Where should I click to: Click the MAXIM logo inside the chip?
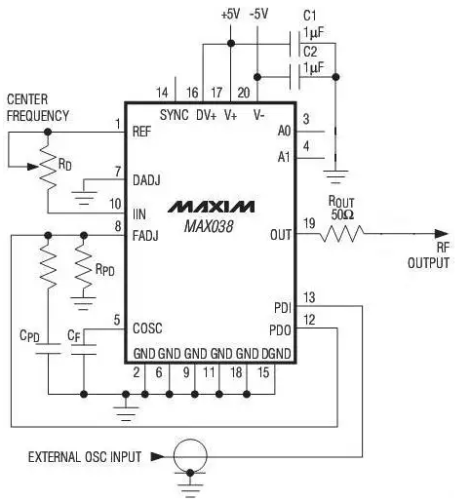(x=211, y=207)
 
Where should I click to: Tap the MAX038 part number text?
(x=209, y=226)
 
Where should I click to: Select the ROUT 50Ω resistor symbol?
(x=342, y=234)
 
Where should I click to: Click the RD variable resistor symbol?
(x=48, y=167)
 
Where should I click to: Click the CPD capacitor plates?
(x=48, y=348)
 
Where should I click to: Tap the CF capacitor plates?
(x=84, y=349)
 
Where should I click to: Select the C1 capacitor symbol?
(x=294, y=44)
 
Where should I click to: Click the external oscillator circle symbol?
(x=190, y=456)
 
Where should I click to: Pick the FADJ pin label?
(x=145, y=236)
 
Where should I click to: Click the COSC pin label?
(x=147, y=328)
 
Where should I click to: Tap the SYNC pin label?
(x=174, y=115)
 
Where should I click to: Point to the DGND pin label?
(x=276, y=354)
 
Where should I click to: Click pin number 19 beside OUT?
(x=309, y=223)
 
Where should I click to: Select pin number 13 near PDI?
(x=309, y=297)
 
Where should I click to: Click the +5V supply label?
(x=230, y=15)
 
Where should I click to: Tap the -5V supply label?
(x=258, y=15)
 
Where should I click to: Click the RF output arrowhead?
(x=442, y=234)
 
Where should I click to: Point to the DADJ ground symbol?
(x=84, y=198)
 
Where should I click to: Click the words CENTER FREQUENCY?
(x=38, y=107)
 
